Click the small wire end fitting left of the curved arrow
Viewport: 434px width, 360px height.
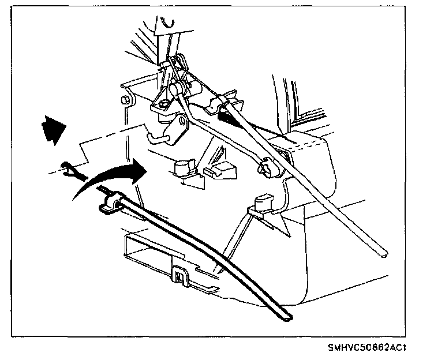pos(69,169)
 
